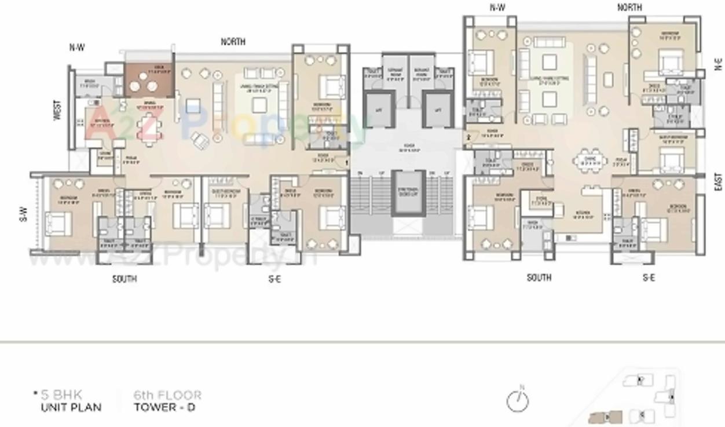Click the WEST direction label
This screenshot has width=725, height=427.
coord(57,110)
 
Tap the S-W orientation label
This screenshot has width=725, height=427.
coord(24,214)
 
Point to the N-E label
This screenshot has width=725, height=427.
coord(719,64)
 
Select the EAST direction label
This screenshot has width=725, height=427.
coord(719,181)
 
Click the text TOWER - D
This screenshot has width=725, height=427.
coord(164,407)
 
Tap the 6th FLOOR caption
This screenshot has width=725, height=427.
coord(167,395)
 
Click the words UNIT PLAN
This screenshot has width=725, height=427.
coord(71,407)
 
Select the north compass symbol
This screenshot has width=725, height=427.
coord(518,401)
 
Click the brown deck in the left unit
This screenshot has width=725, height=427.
coord(148,81)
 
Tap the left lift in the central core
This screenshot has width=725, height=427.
coord(379,110)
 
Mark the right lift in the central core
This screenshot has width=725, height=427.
coord(438,110)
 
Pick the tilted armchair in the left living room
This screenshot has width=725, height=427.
coord(200,140)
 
